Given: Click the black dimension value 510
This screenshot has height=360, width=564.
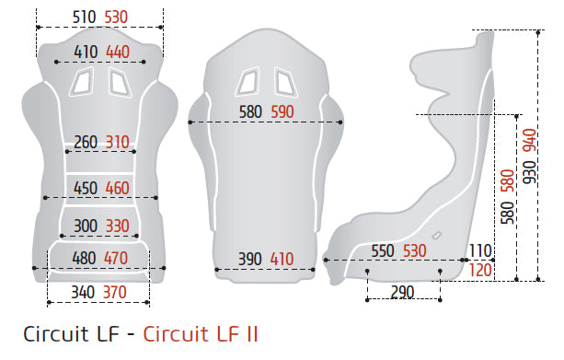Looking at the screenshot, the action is coord(84,17).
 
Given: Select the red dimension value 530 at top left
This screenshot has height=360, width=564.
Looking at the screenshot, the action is coord(116,17).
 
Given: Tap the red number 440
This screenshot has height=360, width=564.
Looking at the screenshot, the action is coord(118,52).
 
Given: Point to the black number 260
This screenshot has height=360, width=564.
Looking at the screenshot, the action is coord(86,142).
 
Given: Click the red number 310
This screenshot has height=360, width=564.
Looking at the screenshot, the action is coord(117,142).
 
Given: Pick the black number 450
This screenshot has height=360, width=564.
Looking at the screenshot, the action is coord(86,188).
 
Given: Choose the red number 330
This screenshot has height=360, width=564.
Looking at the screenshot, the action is coord(117,226).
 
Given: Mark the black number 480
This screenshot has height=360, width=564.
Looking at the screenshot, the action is coord(84,259).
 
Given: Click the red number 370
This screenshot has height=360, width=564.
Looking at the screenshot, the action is coord(115,292).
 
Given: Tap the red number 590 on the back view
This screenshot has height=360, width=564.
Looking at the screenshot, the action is coord(282,112).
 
